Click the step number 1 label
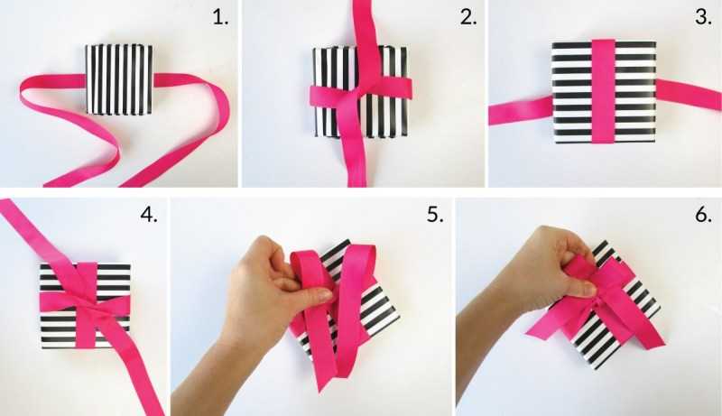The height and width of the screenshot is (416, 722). [220, 17]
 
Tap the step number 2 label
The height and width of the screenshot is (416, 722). [468, 17]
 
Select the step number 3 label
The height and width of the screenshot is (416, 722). [704, 17]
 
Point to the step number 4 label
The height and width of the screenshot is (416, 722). [149, 215]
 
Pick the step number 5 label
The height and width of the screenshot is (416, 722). [435, 215]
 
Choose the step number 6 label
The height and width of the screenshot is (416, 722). [704, 215]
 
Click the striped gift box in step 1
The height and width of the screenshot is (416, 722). [119, 79]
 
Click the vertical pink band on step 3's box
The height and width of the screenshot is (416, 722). [603, 91]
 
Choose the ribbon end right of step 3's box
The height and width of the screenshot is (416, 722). [689, 96]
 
